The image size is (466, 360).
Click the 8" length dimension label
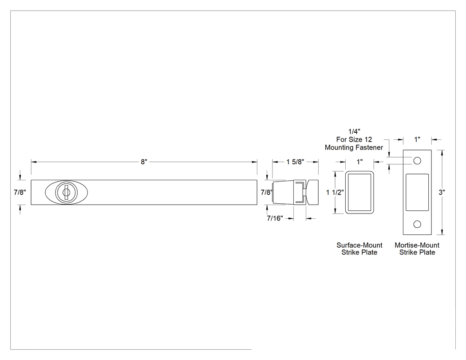pyautogui.click(x=144, y=162)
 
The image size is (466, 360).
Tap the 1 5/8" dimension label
pyautogui.click(x=295, y=162)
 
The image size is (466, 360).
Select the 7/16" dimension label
pyautogui.click(x=275, y=218)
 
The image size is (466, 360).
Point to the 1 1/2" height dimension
pyautogui.click(x=335, y=192)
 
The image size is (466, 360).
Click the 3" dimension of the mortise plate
pyautogui.click(x=442, y=192)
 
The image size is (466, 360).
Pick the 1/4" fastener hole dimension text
pyautogui.click(x=354, y=131)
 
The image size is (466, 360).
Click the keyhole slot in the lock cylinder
pyautogui.click(x=66, y=192)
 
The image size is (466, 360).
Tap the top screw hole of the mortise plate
pyautogui.click(x=417, y=161)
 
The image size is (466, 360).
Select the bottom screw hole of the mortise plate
pyautogui.click(x=417, y=224)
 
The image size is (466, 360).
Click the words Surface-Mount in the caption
pyautogui.click(x=359, y=245)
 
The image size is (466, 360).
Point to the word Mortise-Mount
pyautogui.click(x=417, y=245)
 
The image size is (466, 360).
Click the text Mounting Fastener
pyautogui.click(x=354, y=147)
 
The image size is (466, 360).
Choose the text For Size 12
pyautogui.click(x=354, y=139)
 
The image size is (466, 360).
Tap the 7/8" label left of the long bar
pyautogui.click(x=20, y=192)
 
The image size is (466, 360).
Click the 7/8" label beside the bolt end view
pyautogui.click(x=267, y=192)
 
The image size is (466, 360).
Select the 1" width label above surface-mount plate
pyautogui.click(x=359, y=162)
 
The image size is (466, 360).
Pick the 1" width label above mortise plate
pyautogui.click(x=417, y=139)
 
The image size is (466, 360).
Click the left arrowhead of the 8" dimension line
pyautogui.click(x=34, y=162)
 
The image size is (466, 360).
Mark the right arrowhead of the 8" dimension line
pyautogui.click(x=255, y=162)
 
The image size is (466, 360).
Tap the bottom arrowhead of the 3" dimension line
pyautogui.click(x=442, y=232)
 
